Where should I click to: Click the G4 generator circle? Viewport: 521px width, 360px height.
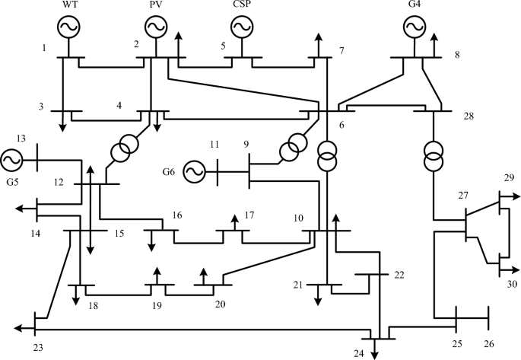click(x=413, y=27)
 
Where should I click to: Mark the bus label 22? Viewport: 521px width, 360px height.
click(x=399, y=275)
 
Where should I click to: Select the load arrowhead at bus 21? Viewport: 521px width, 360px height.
click(x=318, y=302)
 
